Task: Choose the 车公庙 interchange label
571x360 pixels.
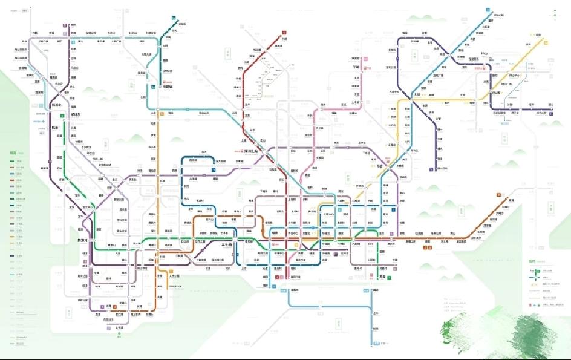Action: tap(225, 245)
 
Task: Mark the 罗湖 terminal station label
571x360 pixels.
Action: tap(382, 277)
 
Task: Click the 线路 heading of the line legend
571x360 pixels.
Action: tap(13, 152)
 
